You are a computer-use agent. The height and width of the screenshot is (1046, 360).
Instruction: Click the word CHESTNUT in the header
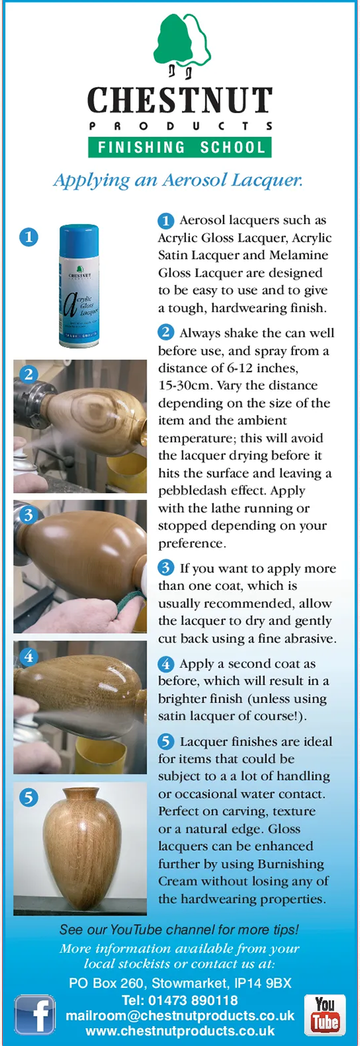click(180, 100)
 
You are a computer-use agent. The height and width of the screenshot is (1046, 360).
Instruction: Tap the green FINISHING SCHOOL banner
click(180, 147)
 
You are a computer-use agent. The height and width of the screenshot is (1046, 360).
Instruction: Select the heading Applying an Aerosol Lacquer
click(178, 180)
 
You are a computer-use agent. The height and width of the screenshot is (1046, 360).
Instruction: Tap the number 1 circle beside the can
click(29, 237)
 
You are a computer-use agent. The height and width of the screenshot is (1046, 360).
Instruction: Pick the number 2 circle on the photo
click(29, 375)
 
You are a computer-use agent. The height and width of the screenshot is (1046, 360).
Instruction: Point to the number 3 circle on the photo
click(29, 515)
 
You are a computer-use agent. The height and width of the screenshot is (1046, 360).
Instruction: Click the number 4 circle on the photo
click(29, 656)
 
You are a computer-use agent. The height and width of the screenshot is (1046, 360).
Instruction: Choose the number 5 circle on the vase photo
click(29, 798)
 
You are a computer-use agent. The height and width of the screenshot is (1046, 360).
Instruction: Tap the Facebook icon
click(35, 1015)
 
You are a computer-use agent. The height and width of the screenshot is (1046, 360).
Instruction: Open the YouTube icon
click(325, 1015)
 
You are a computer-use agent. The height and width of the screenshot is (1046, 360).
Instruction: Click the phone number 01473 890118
click(193, 1000)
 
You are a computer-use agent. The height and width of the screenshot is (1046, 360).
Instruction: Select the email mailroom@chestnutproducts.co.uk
click(180, 1016)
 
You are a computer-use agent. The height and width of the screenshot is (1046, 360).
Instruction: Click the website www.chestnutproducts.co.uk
click(180, 1030)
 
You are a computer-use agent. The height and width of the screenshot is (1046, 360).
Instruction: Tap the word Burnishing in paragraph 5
click(290, 864)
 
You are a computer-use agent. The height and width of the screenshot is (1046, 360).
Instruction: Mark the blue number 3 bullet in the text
click(166, 568)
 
